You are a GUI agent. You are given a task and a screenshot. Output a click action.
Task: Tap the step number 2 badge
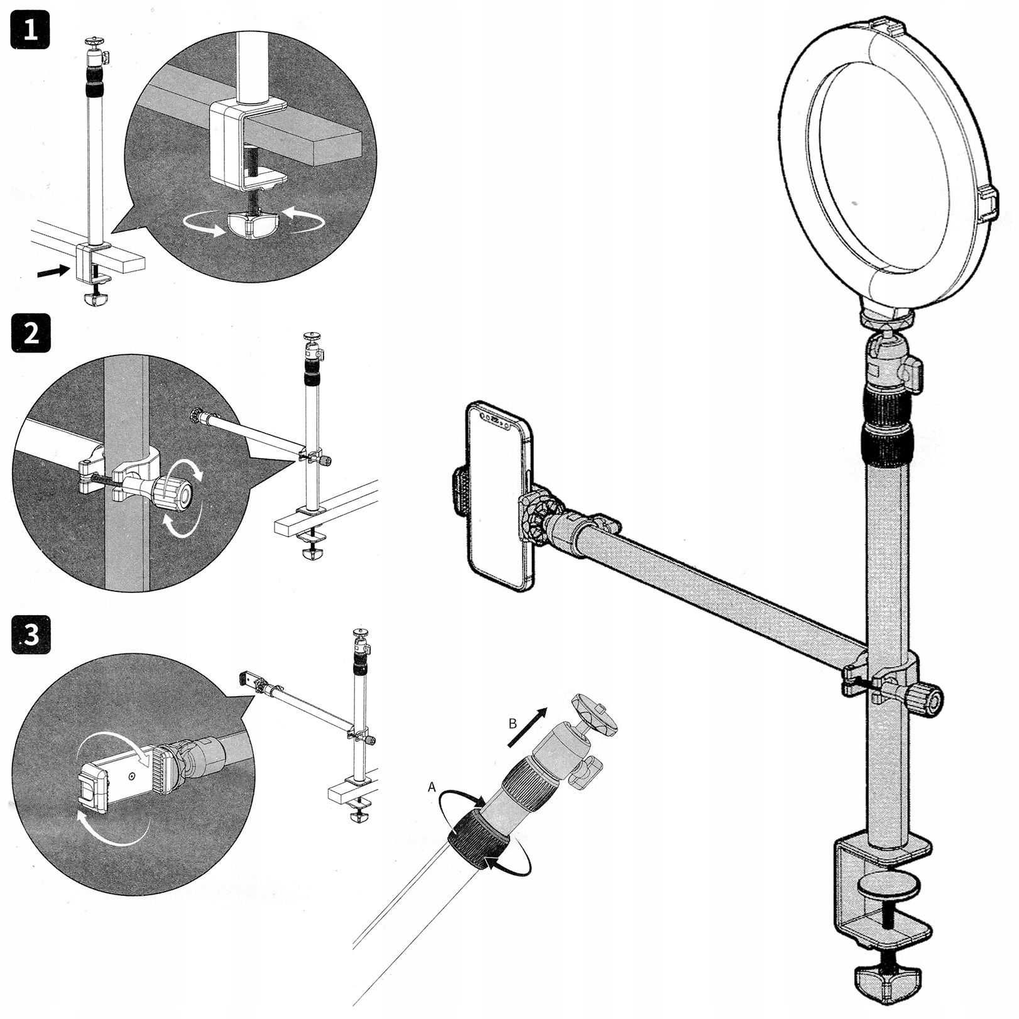click(x=31, y=334)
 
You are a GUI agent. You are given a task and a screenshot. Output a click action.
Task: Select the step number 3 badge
click(x=31, y=635)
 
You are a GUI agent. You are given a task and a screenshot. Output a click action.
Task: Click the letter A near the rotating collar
click(x=432, y=787)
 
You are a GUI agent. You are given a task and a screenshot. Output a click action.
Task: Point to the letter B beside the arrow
click(x=513, y=724)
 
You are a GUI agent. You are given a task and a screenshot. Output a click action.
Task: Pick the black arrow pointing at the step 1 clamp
click(x=53, y=271)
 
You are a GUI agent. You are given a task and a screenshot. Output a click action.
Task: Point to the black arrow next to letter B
click(x=527, y=726)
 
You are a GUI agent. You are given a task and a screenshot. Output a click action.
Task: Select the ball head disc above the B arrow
click(x=594, y=712)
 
